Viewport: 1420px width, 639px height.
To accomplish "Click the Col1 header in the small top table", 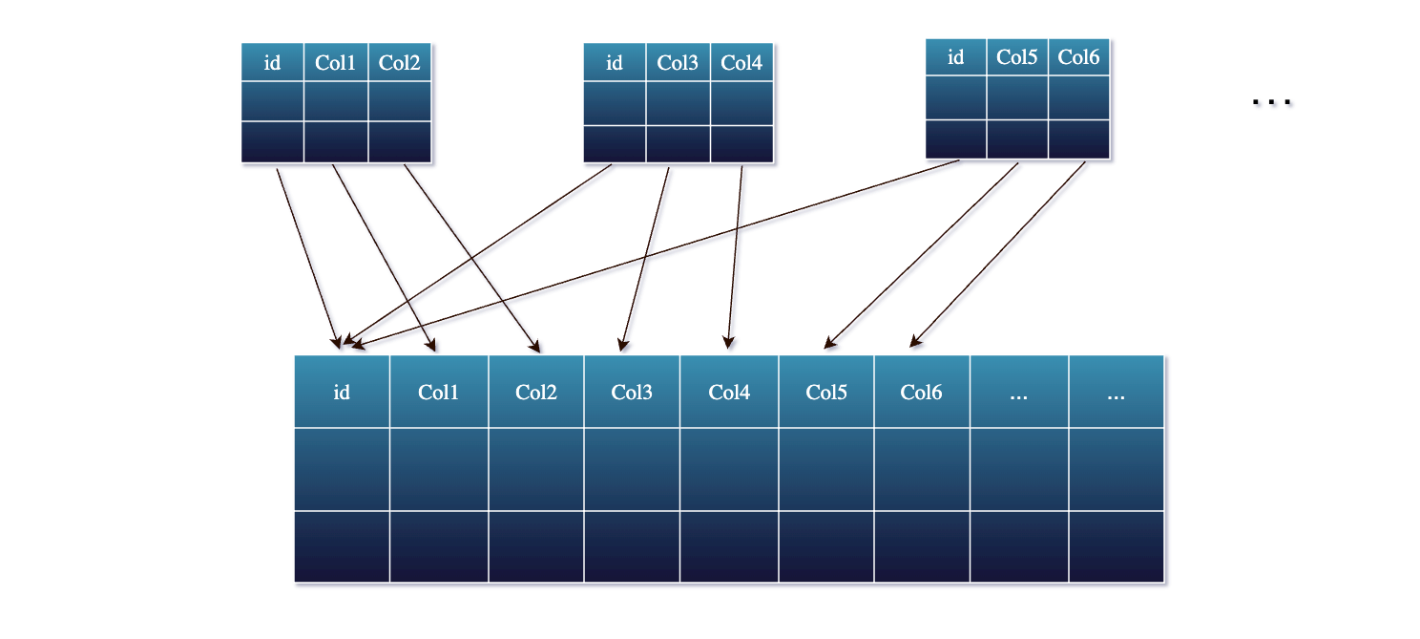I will pos(335,63).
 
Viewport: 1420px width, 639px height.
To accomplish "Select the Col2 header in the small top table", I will pos(399,63).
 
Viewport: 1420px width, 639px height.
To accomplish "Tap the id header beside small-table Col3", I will pos(615,63).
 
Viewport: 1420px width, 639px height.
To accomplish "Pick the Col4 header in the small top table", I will pos(741,63).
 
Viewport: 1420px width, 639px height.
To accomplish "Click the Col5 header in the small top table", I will pos(1016,57).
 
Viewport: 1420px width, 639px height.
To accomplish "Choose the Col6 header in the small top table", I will pos(1078,57).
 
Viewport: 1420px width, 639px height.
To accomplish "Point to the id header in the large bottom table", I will pos(342,392).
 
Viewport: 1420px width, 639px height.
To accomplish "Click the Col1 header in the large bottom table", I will pos(439,392).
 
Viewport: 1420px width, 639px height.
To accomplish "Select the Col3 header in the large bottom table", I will pos(632,392).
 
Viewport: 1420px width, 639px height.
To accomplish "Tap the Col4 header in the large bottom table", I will pos(729,392).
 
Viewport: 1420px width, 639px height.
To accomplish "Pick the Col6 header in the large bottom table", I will pos(922,392).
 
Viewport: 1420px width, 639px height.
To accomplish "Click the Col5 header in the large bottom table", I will pos(826,392).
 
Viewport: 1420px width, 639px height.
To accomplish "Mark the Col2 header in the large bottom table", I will pos(536,392).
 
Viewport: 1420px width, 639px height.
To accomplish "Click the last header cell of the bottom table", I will pos(1117,392).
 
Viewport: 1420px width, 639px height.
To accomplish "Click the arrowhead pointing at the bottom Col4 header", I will pos(728,344).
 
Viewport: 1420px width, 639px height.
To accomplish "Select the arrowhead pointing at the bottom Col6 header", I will pos(913,342).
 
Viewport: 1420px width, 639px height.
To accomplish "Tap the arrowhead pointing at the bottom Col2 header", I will pos(537,346).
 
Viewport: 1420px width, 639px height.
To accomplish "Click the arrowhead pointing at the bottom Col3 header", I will pos(622,345).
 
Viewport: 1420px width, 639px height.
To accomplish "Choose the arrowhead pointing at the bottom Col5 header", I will pos(829,343).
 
